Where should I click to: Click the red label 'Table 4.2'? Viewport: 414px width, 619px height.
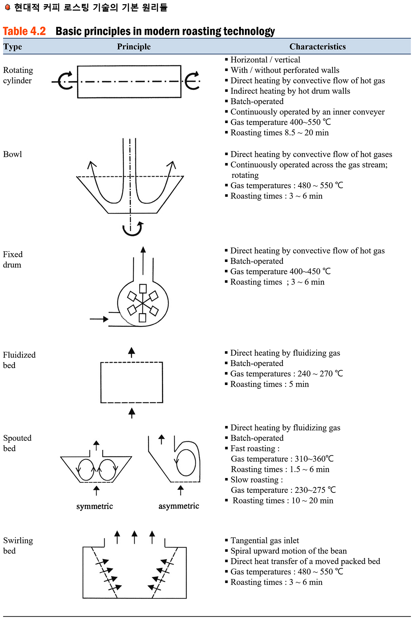point(24,31)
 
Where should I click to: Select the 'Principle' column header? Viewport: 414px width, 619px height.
point(134,47)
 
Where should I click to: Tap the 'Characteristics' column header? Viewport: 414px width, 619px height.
point(317,47)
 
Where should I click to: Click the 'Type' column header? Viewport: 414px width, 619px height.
point(13,47)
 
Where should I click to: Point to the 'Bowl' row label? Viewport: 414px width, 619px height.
point(12,154)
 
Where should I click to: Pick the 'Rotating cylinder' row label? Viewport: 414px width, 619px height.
point(18,75)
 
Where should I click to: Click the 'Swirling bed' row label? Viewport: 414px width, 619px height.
point(18,545)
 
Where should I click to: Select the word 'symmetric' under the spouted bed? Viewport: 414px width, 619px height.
point(95,506)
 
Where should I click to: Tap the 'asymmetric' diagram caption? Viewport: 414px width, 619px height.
point(179,506)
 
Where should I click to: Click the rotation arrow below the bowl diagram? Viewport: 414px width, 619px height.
point(132,229)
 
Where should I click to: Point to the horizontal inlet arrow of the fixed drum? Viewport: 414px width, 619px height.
point(99,319)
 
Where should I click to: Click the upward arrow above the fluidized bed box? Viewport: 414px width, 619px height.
point(131,352)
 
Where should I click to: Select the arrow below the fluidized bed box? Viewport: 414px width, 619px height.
point(131,413)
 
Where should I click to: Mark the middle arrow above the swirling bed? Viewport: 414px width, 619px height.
point(135,537)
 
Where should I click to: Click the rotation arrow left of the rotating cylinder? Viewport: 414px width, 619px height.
point(65,81)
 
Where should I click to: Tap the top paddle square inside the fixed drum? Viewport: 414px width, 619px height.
point(143,288)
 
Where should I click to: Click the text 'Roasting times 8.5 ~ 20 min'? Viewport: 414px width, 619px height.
point(279,133)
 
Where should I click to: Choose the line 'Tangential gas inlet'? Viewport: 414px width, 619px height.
point(265,540)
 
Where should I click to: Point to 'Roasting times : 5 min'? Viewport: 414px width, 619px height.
point(269,384)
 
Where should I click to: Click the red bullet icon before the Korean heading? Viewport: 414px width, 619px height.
point(8,7)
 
